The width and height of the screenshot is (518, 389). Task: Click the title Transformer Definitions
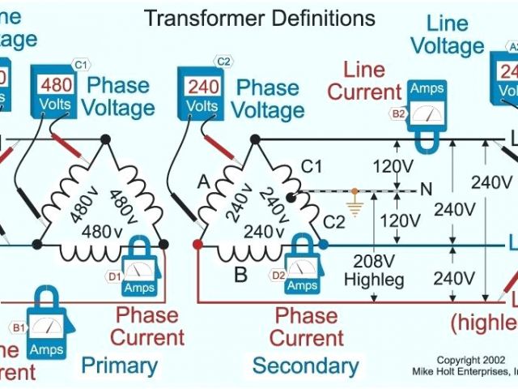click(259, 18)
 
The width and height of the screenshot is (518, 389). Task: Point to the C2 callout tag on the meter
click(224, 62)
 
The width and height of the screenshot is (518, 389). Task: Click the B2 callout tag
click(399, 114)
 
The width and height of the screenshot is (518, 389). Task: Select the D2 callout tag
click(278, 276)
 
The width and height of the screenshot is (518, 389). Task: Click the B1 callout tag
click(17, 327)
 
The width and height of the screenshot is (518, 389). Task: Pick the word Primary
click(119, 365)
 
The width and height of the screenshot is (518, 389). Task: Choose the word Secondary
click(304, 365)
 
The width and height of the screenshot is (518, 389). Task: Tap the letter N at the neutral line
click(426, 190)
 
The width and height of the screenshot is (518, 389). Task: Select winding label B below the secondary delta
click(240, 275)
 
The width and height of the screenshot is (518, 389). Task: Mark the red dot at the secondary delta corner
click(197, 243)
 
